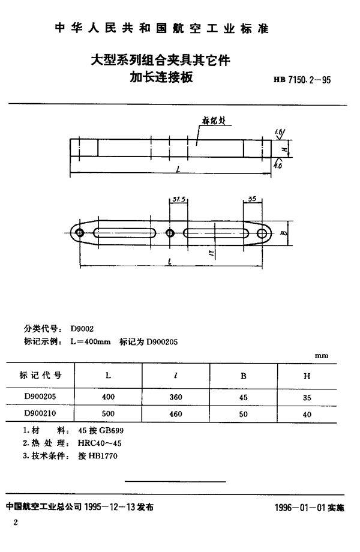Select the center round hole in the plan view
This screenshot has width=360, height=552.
pyautogui.click(x=170, y=233)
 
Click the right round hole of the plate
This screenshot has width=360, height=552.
pyautogui.click(x=262, y=233)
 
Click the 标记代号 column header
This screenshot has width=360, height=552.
pyautogui.click(x=41, y=376)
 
